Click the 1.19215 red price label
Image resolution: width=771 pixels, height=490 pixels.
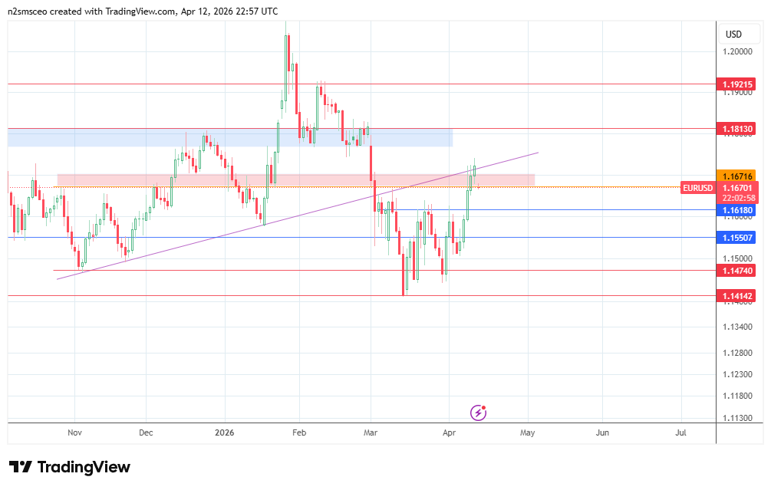click(x=736, y=84)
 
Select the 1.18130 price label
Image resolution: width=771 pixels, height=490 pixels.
click(x=736, y=129)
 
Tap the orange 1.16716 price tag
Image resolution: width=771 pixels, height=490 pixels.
click(x=736, y=176)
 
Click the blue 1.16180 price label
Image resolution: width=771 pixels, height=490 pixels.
click(x=736, y=209)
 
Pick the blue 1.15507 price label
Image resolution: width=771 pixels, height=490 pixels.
click(x=736, y=238)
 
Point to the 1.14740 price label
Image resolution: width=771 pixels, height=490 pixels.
click(x=736, y=270)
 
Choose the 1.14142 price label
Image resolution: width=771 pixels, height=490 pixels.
click(x=736, y=295)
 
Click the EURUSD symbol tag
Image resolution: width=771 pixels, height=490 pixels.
click(x=697, y=187)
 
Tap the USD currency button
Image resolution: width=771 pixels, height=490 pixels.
click(x=733, y=34)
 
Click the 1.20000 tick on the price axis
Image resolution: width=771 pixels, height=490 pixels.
click(x=736, y=51)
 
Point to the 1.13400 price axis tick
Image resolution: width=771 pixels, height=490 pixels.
click(x=736, y=327)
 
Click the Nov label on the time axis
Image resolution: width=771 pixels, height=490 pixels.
click(x=74, y=432)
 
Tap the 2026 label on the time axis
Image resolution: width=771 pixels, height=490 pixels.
click(x=225, y=432)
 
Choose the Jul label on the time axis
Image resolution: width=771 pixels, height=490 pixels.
click(x=680, y=432)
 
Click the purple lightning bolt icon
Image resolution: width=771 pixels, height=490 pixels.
click(x=479, y=413)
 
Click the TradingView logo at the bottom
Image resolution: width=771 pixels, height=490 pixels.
click(x=69, y=467)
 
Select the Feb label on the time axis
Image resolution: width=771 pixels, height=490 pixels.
click(x=299, y=432)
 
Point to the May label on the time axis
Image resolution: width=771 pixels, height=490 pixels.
click(x=527, y=432)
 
